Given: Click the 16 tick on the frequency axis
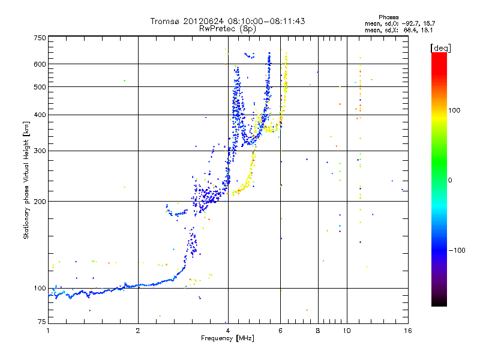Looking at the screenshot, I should point(407,331).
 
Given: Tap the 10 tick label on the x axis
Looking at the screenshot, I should point(346,331).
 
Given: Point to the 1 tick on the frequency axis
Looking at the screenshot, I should point(48,331).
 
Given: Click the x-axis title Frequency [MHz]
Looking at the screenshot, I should point(227,339).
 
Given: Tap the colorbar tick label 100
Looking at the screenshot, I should point(455,110).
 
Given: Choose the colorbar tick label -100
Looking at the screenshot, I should point(457,250).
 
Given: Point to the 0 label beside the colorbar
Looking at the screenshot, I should point(451,180).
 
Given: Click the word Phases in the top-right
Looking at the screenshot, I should point(389,17).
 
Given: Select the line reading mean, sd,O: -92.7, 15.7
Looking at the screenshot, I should point(394,23).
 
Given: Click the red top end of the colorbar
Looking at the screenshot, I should point(439,55).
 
